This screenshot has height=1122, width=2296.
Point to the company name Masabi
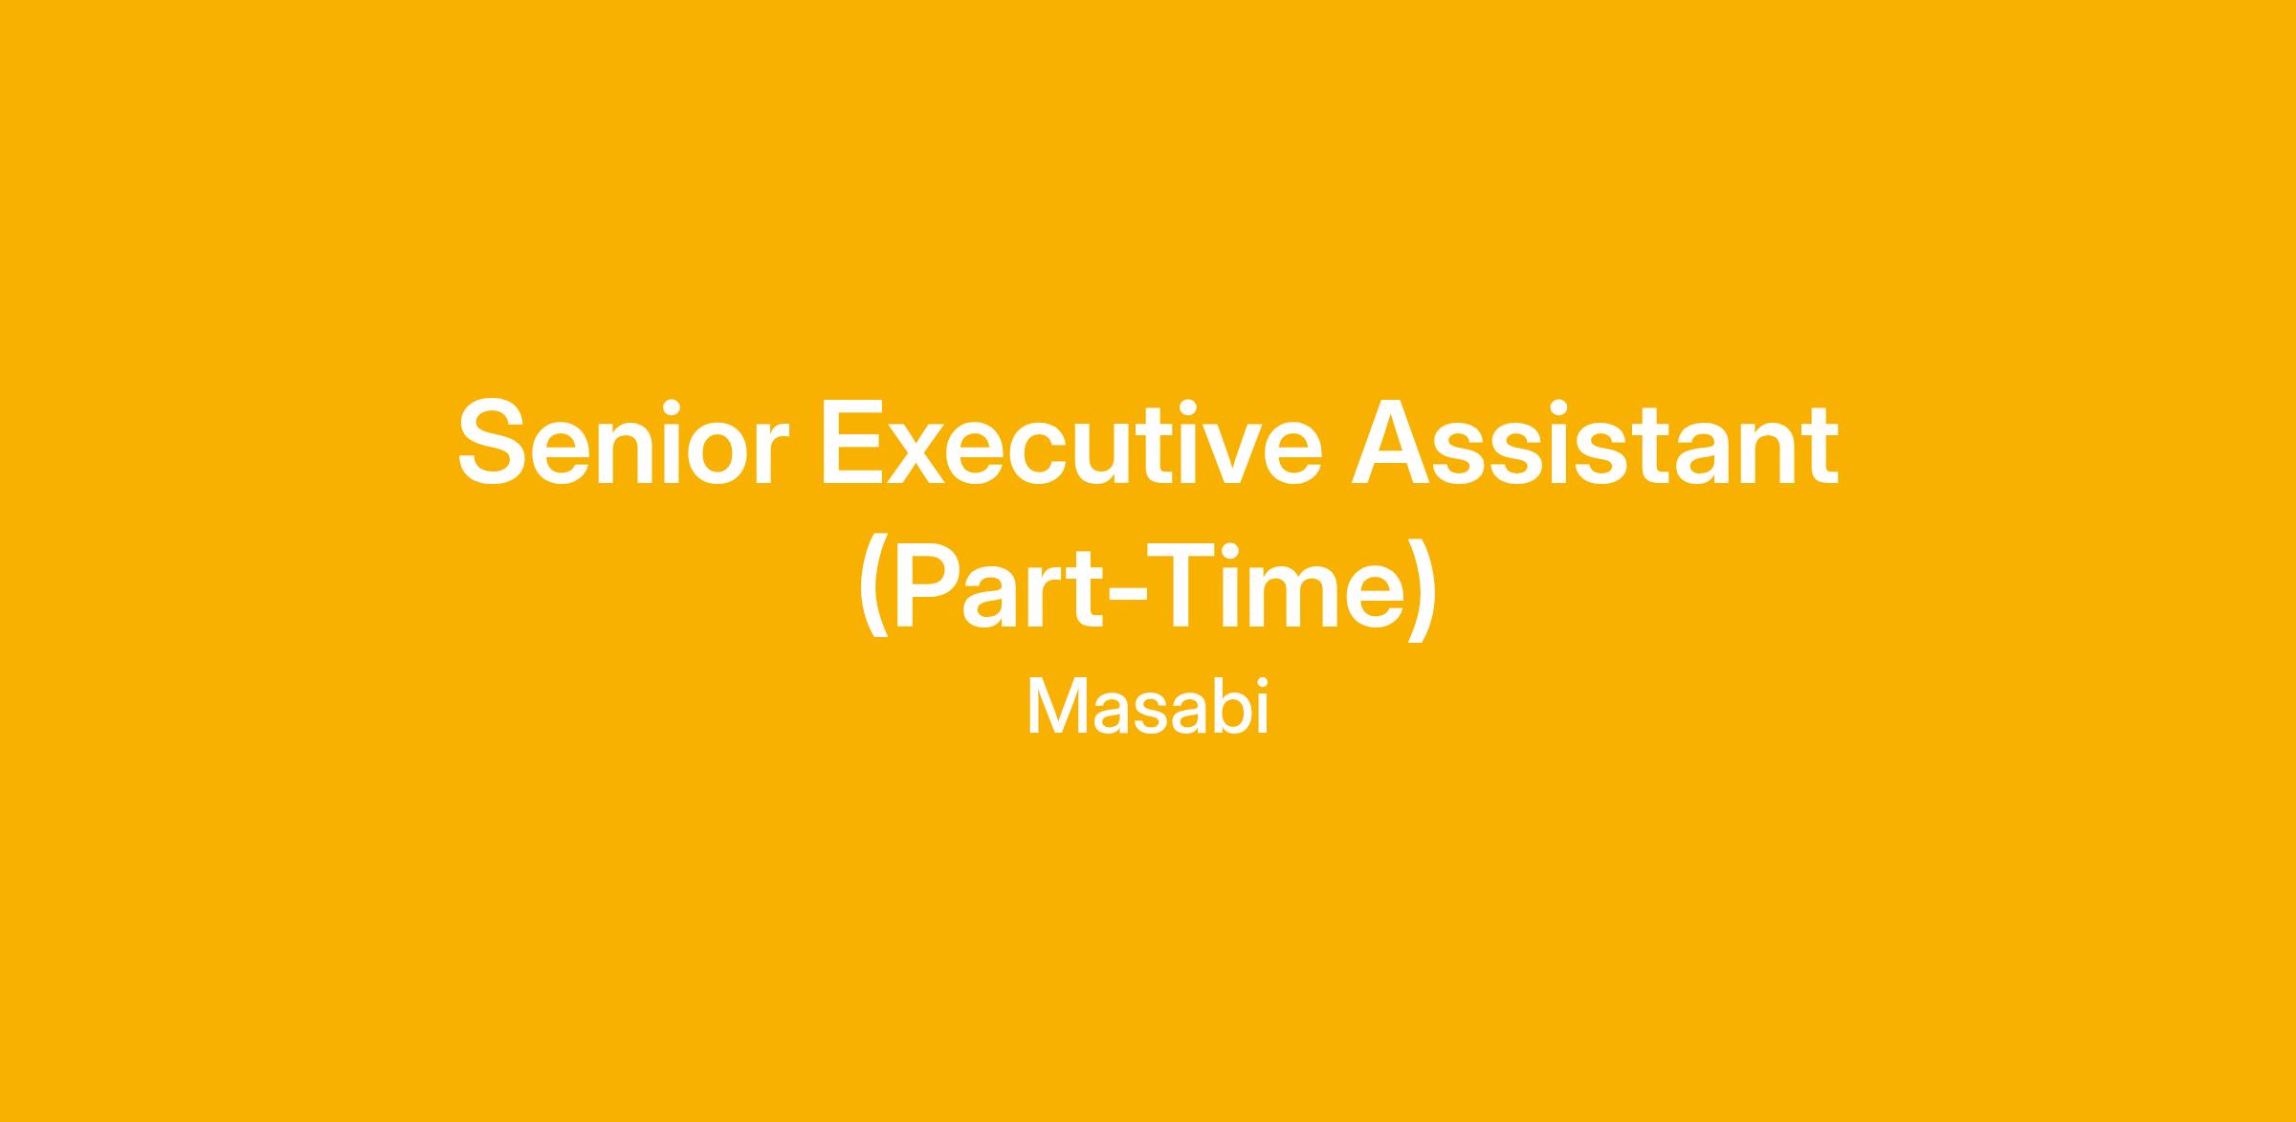coord(1147,707)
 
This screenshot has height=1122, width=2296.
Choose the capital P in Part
coord(932,585)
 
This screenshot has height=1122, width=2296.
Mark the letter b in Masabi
coord(1227,707)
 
